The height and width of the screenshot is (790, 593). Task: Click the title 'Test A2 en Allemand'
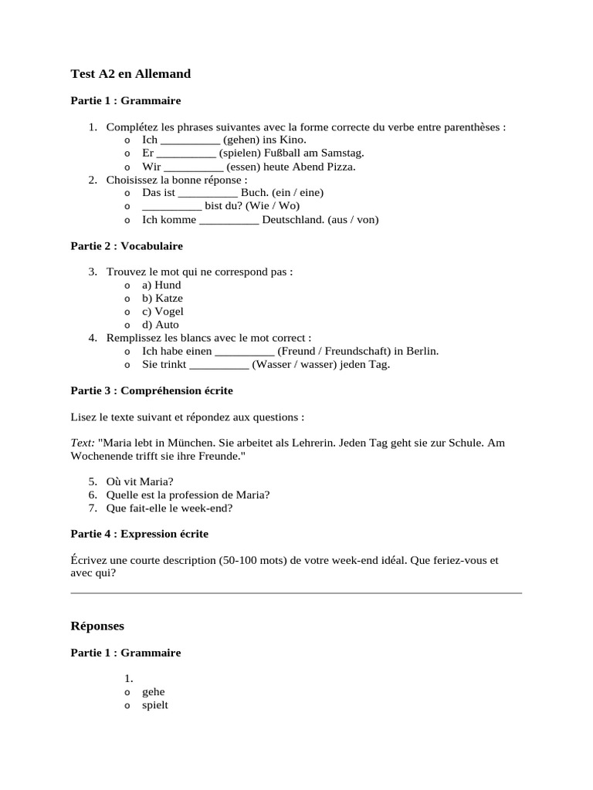(130, 74)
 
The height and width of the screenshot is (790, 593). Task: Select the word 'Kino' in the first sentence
(293, 140)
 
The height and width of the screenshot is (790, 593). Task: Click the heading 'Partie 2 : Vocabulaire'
(127, 246)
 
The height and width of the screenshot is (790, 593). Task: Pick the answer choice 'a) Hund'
(161, 285)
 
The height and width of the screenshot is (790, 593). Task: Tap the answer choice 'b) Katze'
(162, 298)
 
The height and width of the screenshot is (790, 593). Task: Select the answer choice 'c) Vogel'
(163, 312)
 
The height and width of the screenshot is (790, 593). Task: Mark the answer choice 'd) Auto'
(161, 325)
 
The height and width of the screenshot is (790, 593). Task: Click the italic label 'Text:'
(83, 443)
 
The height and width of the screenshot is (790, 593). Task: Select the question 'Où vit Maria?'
(140, 481)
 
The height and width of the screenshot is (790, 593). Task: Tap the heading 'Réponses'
(97, 626)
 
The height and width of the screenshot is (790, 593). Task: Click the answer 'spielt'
(155, 705)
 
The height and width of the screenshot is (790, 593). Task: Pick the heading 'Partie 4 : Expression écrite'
(140, 533)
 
